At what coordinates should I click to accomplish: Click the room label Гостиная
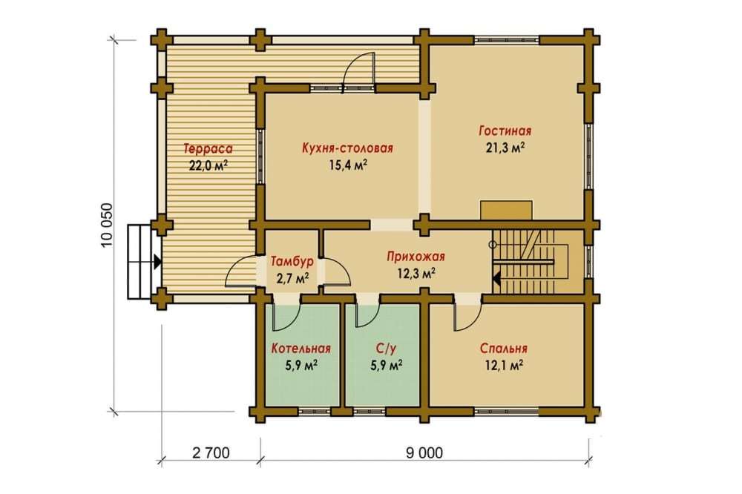pos(505,131)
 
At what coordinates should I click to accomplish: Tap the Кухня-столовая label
pos(347,148)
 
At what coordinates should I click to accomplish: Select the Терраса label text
pos(209,148)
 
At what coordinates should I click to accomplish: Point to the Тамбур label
pos(292,261)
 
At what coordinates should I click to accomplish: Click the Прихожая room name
pos(416,257)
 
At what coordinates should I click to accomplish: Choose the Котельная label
pos(301,349)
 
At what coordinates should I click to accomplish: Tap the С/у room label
pos(386,349)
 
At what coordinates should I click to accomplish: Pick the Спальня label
pos(504,349)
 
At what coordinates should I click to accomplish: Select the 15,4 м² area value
pos(348,165)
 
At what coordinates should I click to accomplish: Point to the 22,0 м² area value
pos(209,166)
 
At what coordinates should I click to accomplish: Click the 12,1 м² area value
pos(504,366)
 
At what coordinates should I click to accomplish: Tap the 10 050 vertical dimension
pos(107,225)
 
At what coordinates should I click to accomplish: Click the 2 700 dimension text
pos(211,452)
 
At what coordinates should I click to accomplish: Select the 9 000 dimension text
pos(424,452)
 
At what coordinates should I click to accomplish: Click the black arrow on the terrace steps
pos(157,262)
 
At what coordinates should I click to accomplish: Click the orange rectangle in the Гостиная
pos(506,211)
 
